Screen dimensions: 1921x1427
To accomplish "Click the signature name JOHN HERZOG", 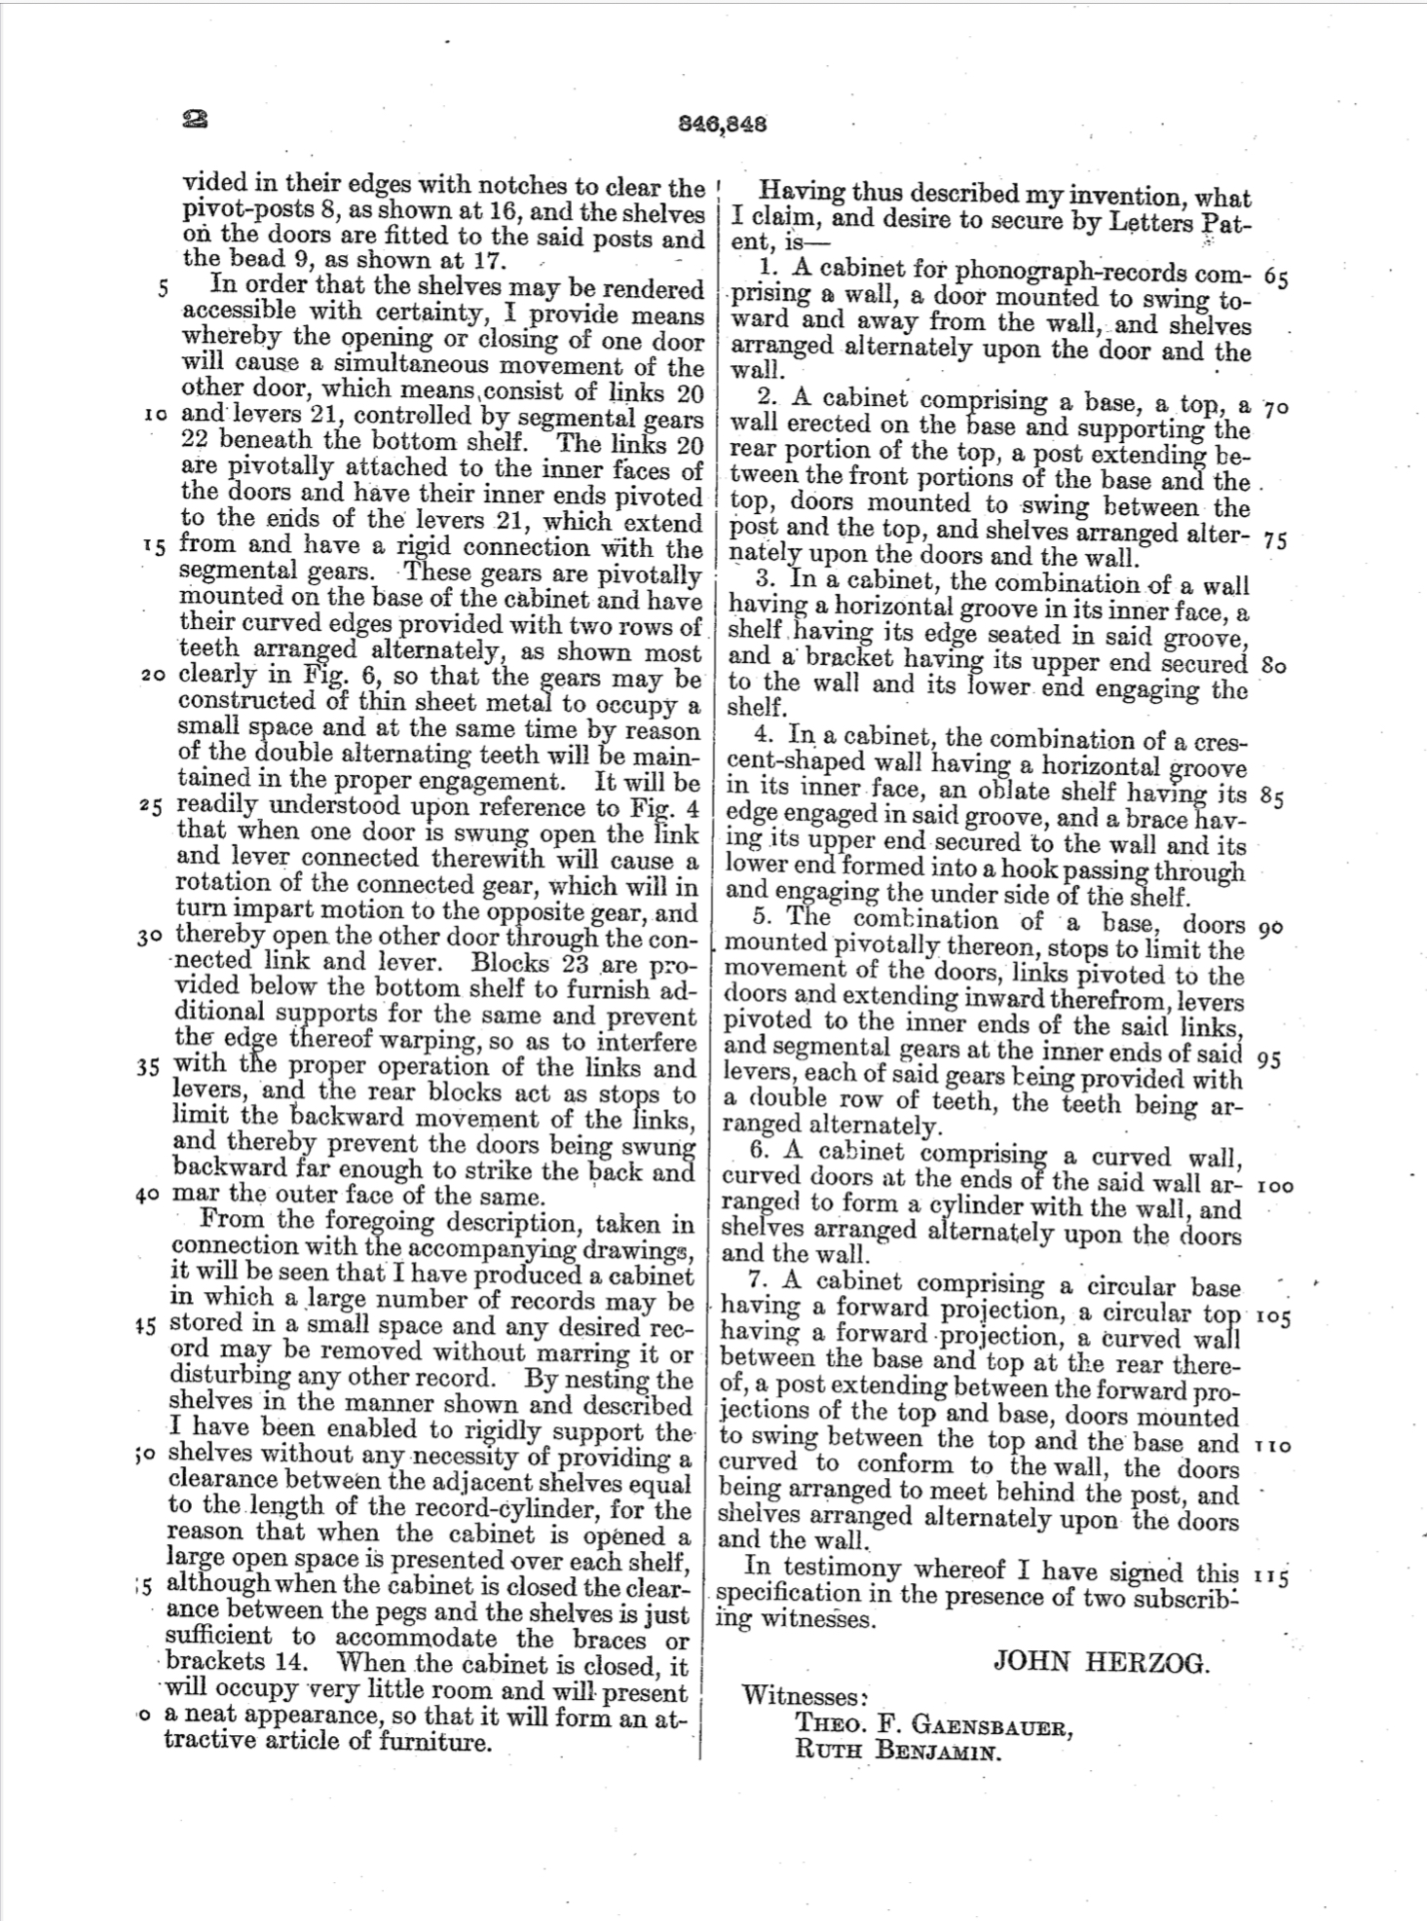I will pos(1101,1660).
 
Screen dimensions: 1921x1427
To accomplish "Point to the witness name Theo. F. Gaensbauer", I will pos(934,1725).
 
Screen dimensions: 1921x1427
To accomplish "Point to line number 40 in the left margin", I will pos(149,1195).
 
